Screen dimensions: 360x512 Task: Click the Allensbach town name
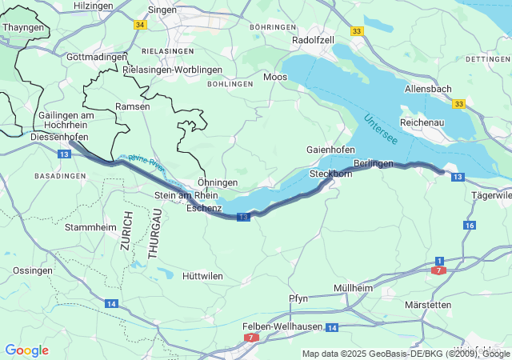click(x=428, y=89)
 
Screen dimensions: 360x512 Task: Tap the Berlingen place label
click(x=374, y=163)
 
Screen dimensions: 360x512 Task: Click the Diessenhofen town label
click(x=58, y=137)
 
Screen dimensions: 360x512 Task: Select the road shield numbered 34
click(x=141, y=25)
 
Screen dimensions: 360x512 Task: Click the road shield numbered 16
click(x=469, y=226)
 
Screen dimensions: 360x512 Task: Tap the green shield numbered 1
click(x=439, y=261)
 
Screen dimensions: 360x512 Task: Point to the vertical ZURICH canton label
click(x=126, y=232)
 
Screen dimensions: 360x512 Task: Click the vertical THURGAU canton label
click(x=155, y=232)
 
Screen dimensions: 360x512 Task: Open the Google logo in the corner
click(x=26, y=350)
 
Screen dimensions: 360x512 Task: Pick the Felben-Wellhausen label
click(x=282, y=326)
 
